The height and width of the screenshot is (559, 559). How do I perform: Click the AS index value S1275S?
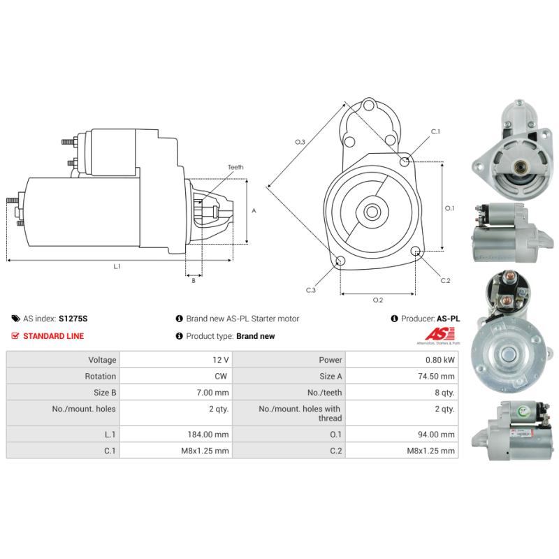point(73,319)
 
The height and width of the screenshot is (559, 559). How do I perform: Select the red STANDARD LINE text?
point(54,336)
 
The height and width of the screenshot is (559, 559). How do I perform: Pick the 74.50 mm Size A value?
point(436,376)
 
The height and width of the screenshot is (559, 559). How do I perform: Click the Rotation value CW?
point(221,376)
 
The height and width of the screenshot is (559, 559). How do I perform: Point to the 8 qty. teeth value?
point(444,393)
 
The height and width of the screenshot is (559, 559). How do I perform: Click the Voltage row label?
point(102,360)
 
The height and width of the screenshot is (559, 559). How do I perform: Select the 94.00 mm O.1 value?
point(436,434)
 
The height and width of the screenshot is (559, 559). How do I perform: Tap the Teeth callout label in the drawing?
point(235,167)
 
